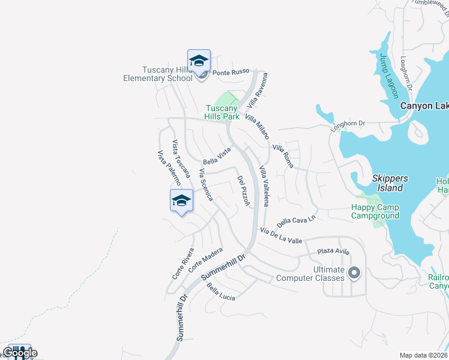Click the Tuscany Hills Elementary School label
point(158,74)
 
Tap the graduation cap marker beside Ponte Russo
point(199,61)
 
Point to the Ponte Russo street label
point(231,71)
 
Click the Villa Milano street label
point(256,127)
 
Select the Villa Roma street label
point(282,155)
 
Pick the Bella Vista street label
point(217,156)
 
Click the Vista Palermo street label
point(169,172)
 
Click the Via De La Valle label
point(281,235)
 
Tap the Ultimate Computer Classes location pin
point(354,274)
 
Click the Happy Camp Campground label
point(375,211)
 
